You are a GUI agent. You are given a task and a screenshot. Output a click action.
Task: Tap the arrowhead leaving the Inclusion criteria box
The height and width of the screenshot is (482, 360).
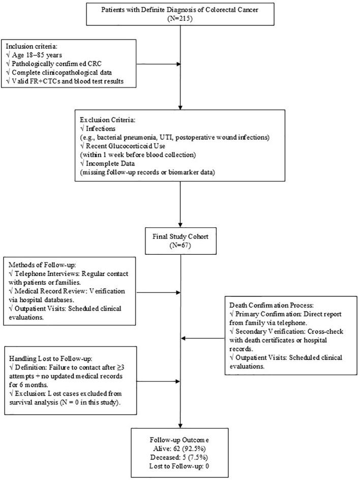(x=177, y=65)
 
